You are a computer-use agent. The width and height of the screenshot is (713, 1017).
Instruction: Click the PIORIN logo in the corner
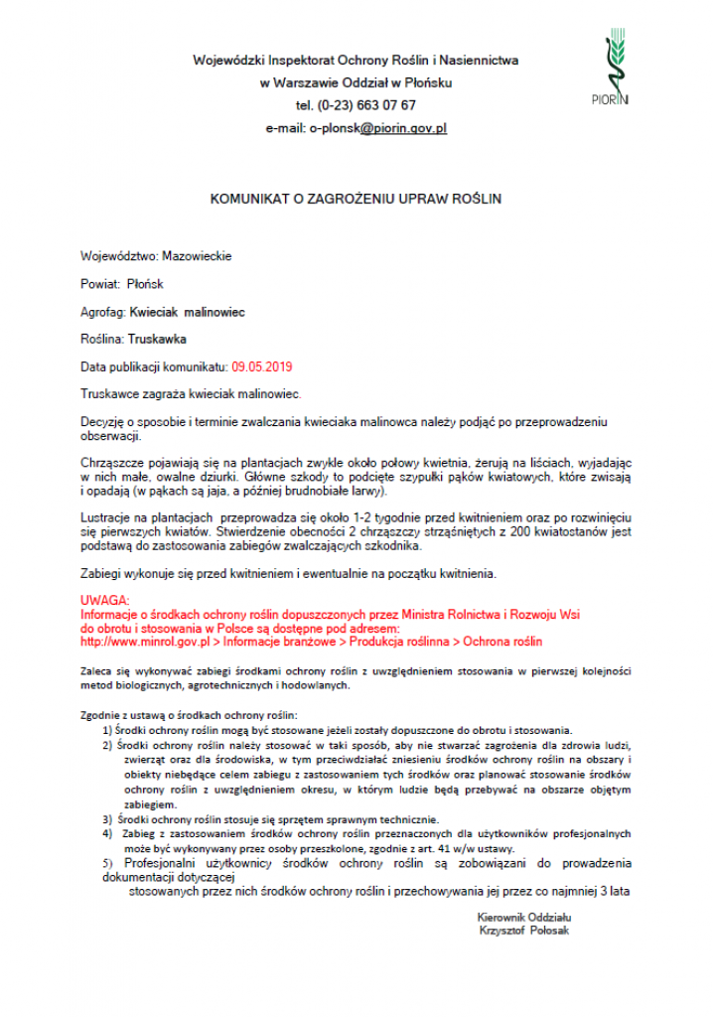pos(618,69)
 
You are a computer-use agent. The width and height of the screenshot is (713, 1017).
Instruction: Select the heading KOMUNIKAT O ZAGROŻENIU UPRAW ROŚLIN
pos(356,199)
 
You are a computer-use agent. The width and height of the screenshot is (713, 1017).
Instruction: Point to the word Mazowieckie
pos(197,256)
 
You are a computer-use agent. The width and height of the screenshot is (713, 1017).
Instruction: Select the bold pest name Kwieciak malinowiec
pos(188,312)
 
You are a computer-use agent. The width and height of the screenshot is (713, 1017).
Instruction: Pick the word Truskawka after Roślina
pos(157,339)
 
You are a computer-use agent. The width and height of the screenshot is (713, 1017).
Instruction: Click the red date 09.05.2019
pos(262,366)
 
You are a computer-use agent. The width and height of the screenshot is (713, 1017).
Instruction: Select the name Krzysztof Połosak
pos(524,931)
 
